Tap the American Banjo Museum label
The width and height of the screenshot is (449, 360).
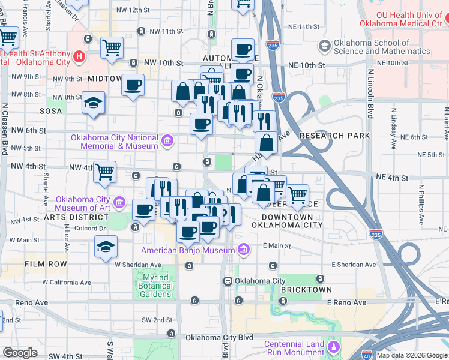[x=187, y=250]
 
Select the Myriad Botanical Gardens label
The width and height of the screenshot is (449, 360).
[x=156, y=281]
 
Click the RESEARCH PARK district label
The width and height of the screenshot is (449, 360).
[x=335, y=136]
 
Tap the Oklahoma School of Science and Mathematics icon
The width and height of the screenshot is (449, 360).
[x=325, y=46]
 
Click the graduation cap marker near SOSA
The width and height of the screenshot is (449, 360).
[x=94, y=103]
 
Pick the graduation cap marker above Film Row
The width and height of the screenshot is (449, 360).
[x=105, y=247]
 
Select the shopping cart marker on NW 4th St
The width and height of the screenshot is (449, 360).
[x=105, y=172]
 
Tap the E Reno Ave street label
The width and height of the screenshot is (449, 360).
[x=346, y=302]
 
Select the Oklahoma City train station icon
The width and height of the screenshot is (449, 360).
[x=228, y=281]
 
